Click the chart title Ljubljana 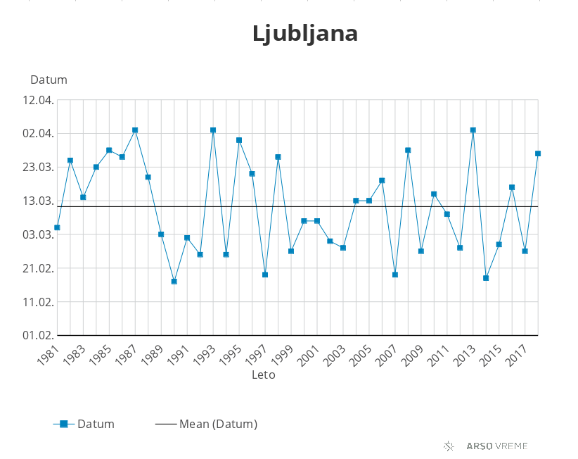[x=305, y=34]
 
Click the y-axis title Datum [x=49, y=80]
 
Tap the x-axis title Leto [x=264, y=375]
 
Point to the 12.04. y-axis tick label [x=38, y=100]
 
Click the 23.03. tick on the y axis [x=38, y=168]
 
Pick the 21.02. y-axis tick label [x=38, y=268]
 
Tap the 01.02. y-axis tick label [x=38, y=336]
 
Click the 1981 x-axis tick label [x=48, y=356]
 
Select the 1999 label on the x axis [x=282, y=356]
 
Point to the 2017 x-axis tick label [x=516, y=356]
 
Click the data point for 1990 [x=174, y=282]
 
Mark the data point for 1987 [x=135, y=130]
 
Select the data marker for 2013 [x=473, y=130]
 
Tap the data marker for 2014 [x=486, y=278]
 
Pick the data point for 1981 [x=57, y=227]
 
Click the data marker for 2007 [x=395, y=275]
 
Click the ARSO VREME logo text [x=496, y=446]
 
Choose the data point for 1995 [x=239, y=140]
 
